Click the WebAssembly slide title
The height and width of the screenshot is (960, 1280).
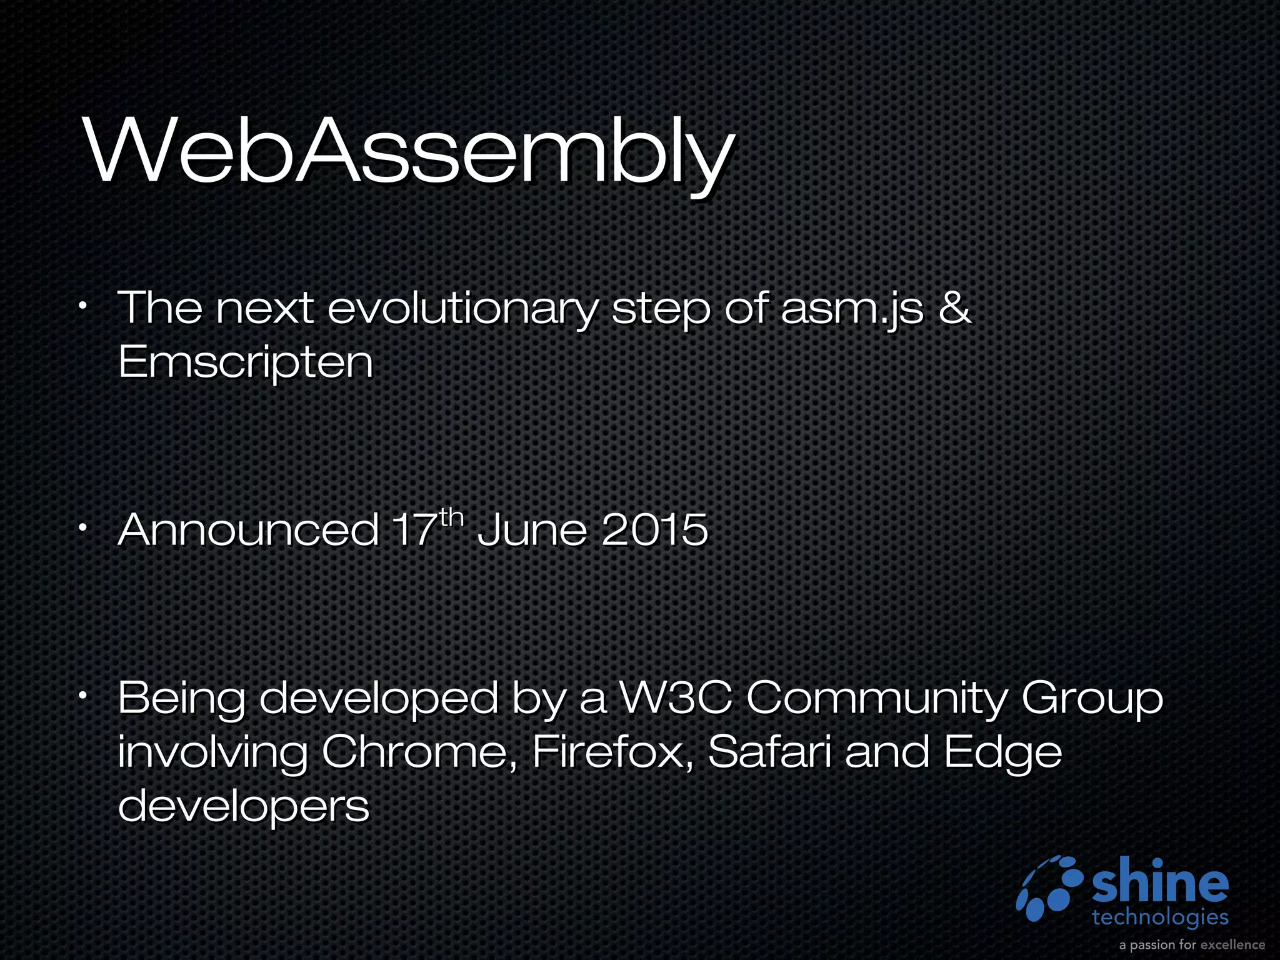tap(409, 153)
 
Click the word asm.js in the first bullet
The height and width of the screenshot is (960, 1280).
tap(851, 309)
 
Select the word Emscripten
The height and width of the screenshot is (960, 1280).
tap(246, 362)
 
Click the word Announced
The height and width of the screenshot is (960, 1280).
tap(248, 530)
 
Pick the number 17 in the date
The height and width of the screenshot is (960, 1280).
tap(413, 530)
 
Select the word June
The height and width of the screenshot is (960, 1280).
tap(532, 530)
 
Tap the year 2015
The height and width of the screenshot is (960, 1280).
tap(655, 530)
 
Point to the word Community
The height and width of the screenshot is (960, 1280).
tap(877, 699)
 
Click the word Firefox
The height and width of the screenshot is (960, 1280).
tap(612, 752)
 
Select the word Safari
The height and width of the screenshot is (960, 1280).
tap(769, 752)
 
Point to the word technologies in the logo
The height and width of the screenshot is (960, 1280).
tap(1160, 917)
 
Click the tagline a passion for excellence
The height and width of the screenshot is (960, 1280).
tap(1192, 944)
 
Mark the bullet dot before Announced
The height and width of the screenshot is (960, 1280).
tap(82, 529)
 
